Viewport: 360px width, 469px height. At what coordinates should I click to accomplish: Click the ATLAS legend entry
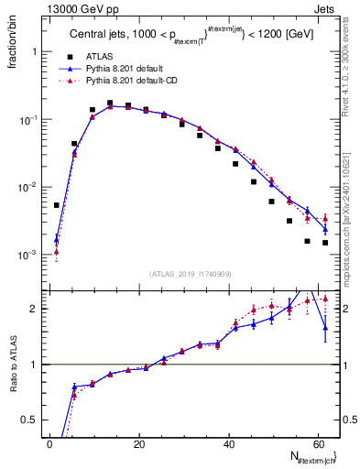tap(99, 56)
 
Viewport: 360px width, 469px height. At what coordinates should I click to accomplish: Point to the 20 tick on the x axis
tap(138, 444)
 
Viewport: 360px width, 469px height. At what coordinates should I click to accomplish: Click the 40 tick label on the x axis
tap(228, 444)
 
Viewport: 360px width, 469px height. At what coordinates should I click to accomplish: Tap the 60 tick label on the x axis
tap(317, 444)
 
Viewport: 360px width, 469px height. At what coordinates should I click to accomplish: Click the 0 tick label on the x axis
tap(49, 444)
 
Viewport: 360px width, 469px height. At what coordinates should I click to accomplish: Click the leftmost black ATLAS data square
tap(57, 205)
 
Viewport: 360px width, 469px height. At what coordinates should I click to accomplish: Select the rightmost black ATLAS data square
tap(325, 243)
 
